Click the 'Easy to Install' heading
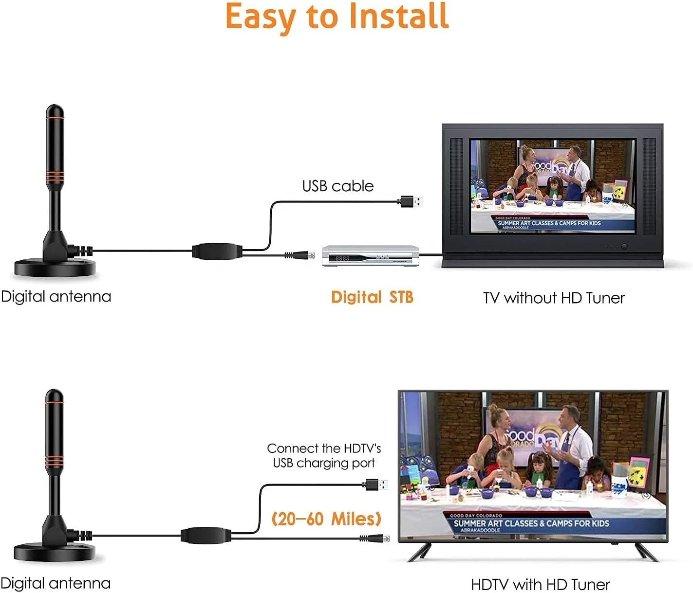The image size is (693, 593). coord(337,17)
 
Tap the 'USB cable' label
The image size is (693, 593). coord(337,186)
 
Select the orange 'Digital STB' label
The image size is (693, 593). coord(372,297)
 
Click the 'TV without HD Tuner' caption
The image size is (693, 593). coord(553,298)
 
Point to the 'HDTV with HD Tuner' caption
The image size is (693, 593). coord(540,584)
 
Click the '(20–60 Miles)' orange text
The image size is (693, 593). coord(326,519)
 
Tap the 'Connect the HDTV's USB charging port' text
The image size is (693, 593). coord(324,455)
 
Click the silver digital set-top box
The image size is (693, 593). coord(370,256)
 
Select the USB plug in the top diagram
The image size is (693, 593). coord(412,201)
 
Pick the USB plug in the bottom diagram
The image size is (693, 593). coord(376,485)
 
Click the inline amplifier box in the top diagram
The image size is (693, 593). coord(217,251)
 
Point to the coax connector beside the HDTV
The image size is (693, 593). coord(375,538)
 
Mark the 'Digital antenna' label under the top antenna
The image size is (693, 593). coord(56,296)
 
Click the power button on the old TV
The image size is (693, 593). coord(624,247)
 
